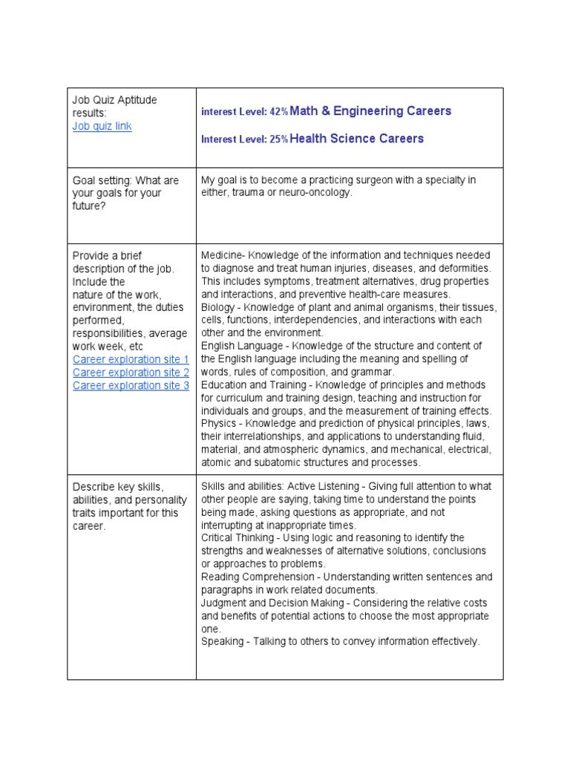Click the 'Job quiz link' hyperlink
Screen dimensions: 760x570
coord(102,126)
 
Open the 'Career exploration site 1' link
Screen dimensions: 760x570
coord(131,359)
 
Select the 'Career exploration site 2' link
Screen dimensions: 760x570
coord(131,373)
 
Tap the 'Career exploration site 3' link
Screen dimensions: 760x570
coord(131,385)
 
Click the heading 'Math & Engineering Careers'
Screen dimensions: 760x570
coord(370,111)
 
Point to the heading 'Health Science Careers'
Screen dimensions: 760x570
coord(357,139)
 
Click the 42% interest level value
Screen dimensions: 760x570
coord(279,112)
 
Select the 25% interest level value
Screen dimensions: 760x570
coord(279,140)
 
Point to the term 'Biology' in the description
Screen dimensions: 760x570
coord(219,307)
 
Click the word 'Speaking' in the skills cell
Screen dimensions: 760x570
coord(222,641)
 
